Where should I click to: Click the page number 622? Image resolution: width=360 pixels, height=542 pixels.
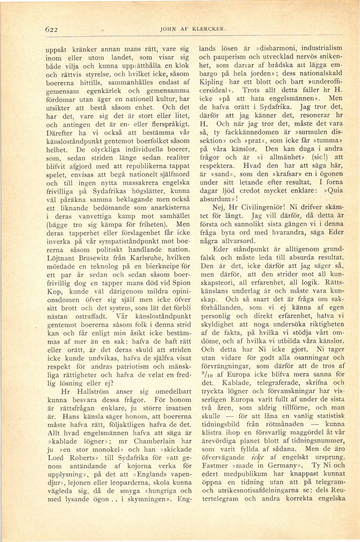[51, 29]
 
